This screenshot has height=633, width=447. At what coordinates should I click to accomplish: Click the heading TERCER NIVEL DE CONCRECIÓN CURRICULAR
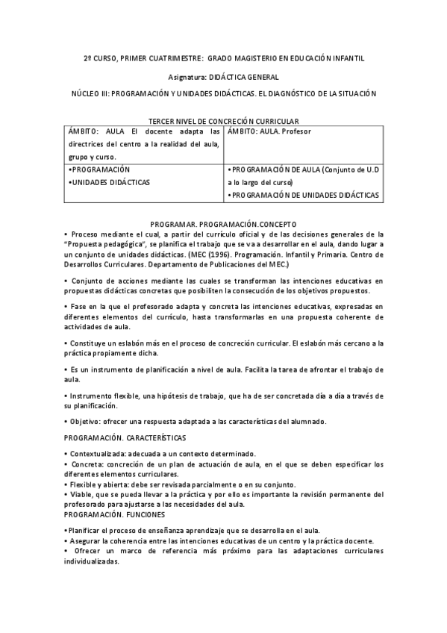point(224,120)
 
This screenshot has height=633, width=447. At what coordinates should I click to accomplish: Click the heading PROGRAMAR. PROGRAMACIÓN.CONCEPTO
point(223,223)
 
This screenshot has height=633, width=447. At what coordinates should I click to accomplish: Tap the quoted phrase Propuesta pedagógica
point(106,244)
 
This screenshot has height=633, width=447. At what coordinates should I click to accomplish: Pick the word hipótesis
point(196,395)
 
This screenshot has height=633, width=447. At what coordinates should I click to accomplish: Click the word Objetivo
point(87,421)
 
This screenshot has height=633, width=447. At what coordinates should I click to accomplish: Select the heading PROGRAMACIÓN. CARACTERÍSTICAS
point(125,437)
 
